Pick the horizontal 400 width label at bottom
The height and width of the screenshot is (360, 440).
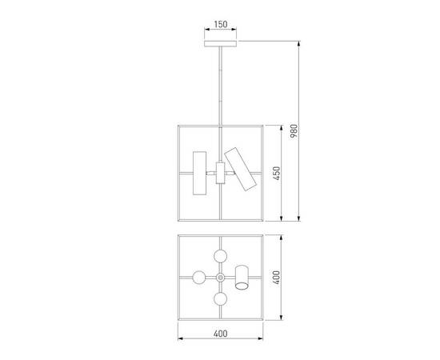[220, 333]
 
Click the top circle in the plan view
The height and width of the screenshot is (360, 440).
[220, 255]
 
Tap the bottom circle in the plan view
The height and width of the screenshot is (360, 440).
[220, 300]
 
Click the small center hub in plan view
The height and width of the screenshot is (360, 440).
[220, 278]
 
